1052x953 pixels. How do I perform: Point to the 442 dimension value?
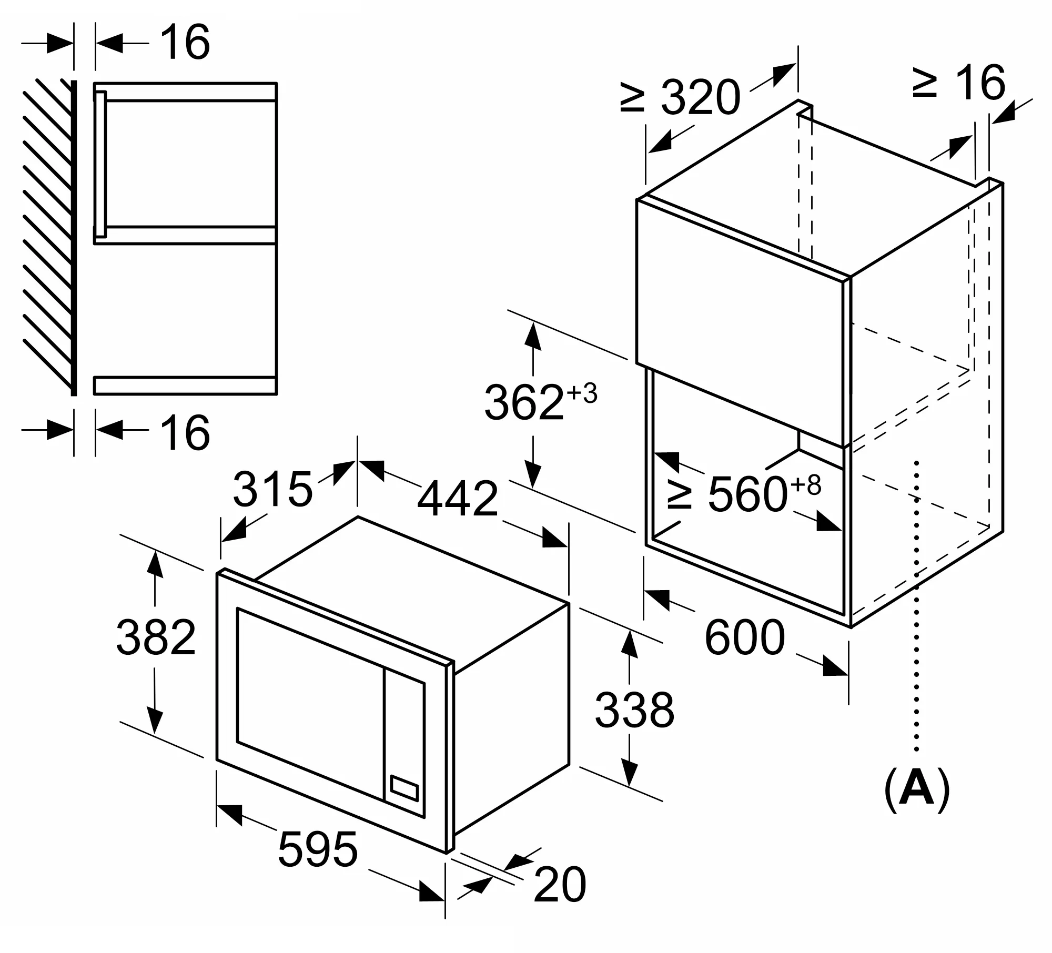[457, 498]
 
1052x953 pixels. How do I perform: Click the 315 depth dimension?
[272, 489]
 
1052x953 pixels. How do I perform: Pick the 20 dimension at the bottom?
[559, 885]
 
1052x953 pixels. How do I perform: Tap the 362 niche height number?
[524, 402]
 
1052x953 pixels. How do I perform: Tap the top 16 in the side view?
[185, 42]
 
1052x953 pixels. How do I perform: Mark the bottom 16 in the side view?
[185, 432]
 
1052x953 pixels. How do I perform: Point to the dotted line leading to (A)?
[917, 605]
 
